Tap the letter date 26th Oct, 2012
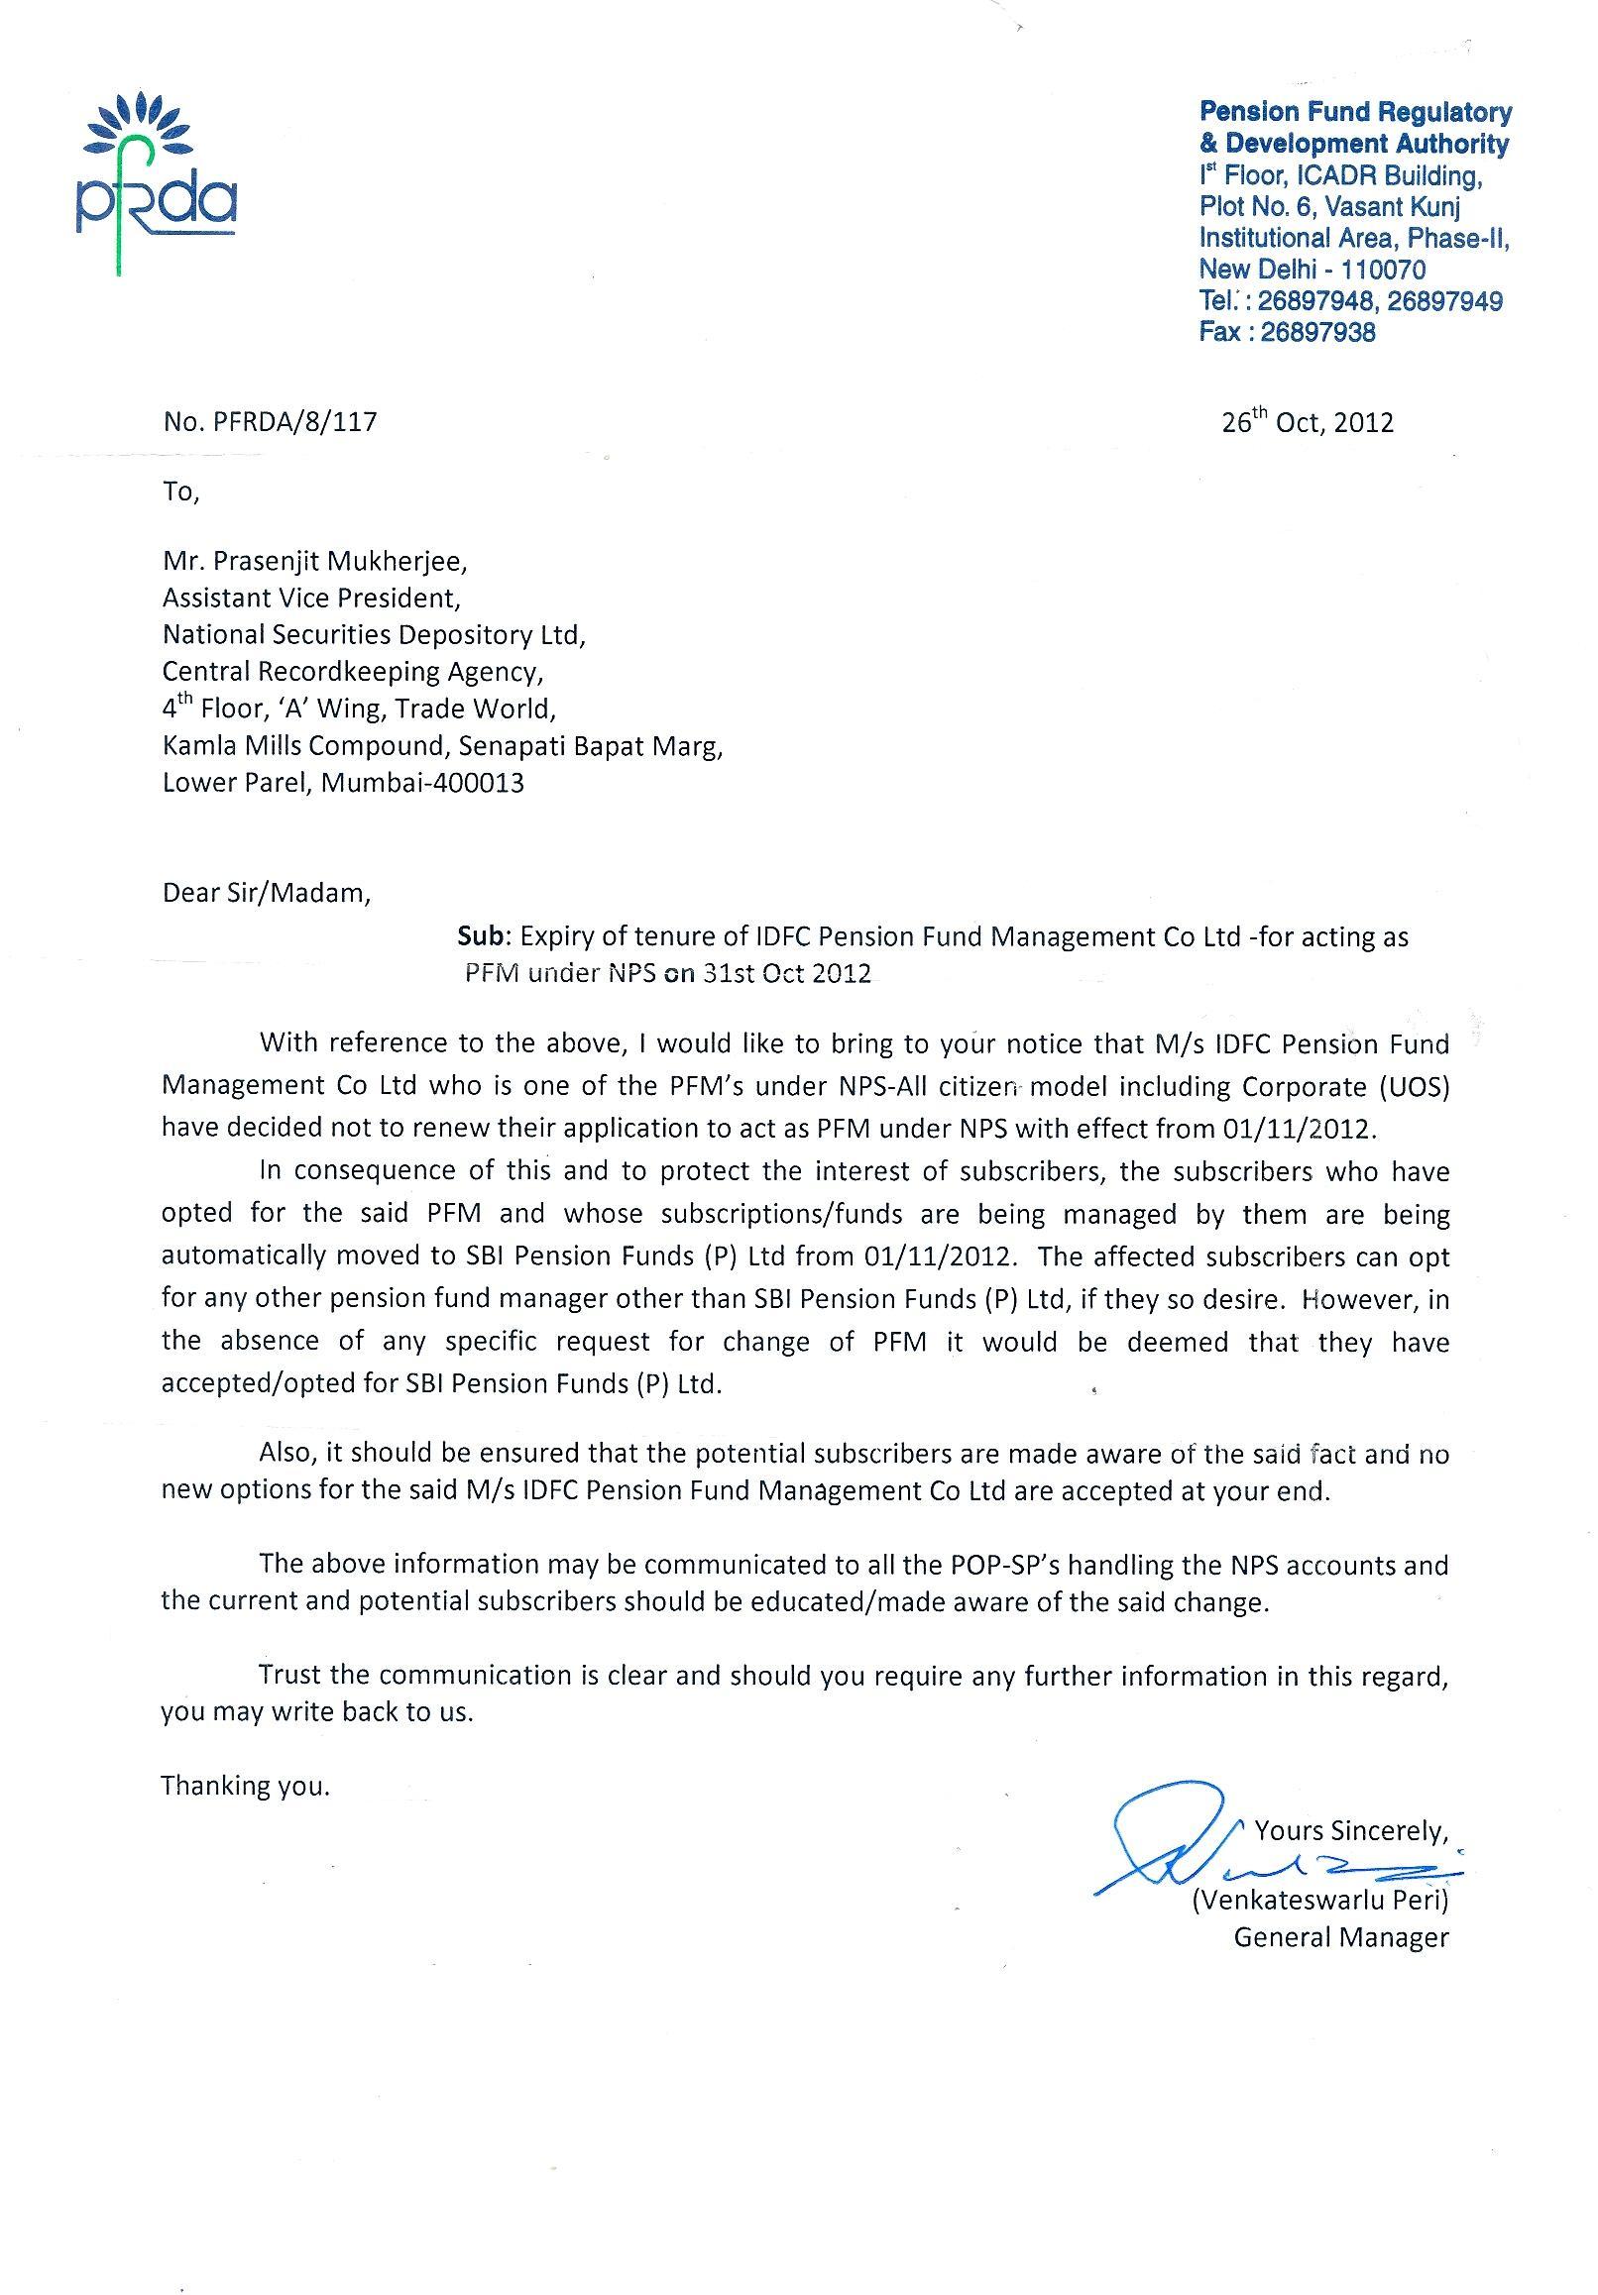coord(1307,422)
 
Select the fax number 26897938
coord(1317,332)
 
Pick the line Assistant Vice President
coord(311,599)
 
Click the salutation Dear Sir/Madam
coord(266,893)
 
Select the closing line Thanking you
coord(245,1787)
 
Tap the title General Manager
coord(1340,1937)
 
